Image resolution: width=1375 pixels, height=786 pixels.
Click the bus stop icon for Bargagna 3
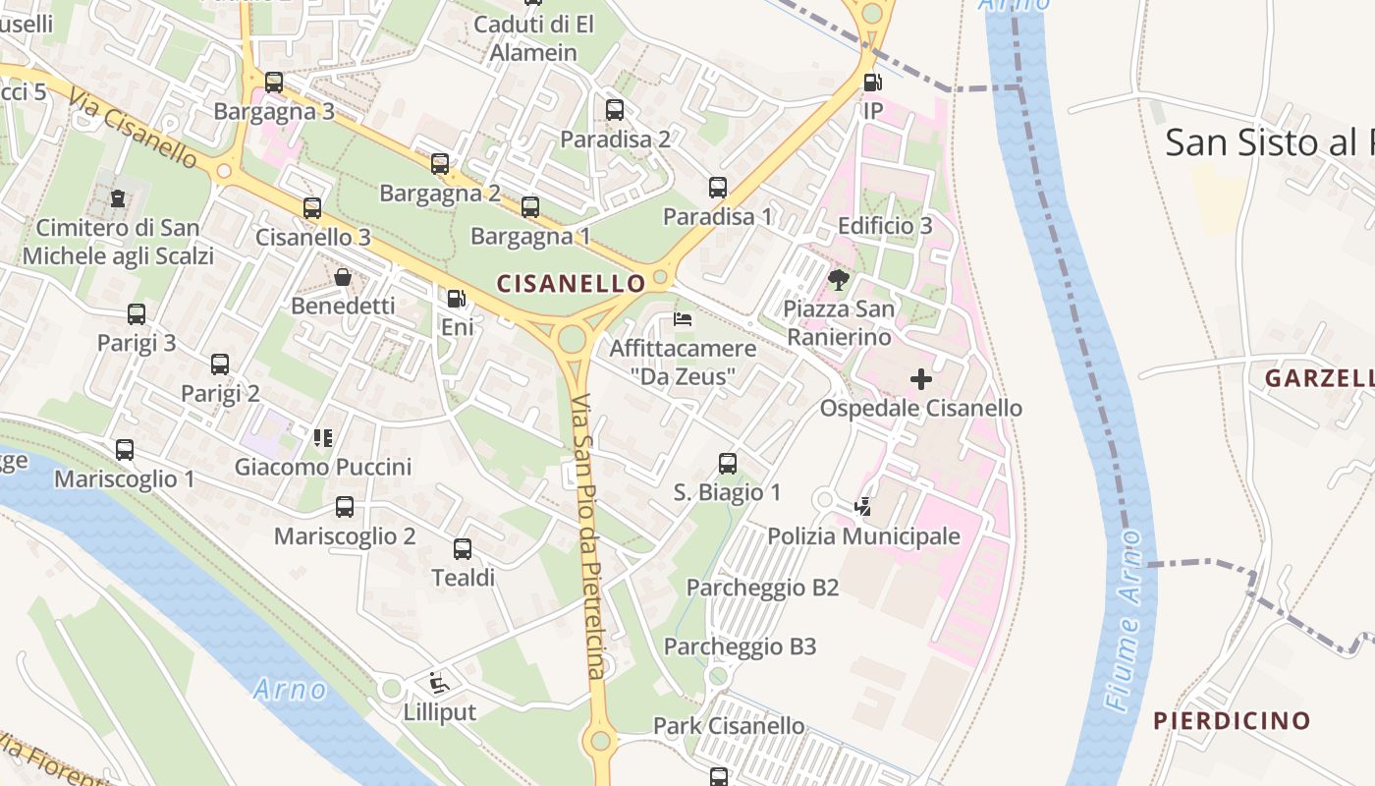click(x=274, y=83)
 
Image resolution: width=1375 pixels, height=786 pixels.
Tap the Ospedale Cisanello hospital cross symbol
click(x=921, y=378)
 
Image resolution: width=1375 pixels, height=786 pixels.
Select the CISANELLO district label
click(x=571, y=284)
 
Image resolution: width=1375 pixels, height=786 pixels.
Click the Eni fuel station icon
click(x=457, y=298)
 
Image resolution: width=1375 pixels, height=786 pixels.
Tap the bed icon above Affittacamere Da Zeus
click(x=682, y=319)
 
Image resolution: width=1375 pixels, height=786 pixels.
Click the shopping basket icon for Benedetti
click(x=343, y=277)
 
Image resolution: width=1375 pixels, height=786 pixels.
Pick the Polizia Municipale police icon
click(x=862, y=507)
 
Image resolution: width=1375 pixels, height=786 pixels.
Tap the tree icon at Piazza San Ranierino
click(x=838, y=280)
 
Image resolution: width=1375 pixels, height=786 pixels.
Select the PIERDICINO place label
click(x=1232, y=720)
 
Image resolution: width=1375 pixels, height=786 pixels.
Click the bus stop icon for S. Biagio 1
click(x=728, y=463)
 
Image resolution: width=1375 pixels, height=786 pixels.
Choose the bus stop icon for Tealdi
click(x=463, y=548)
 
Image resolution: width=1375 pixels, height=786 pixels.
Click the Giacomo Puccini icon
click(x=322, y=437)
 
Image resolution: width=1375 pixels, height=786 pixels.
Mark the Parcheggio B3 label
click(x=741, y=646)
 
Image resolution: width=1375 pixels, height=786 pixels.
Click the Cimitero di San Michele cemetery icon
click(x=118, y=198)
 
